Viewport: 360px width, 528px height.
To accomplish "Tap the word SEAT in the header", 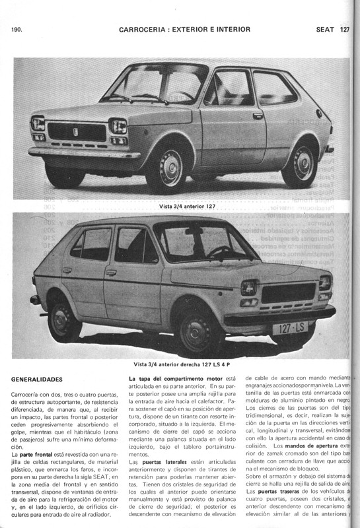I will click(325, 30).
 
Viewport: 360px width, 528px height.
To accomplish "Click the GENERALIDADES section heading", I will click(37, 379).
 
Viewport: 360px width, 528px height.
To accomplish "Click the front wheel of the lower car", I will click(196, 328).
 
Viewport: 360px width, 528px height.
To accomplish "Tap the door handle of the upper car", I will click(258, 115).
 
